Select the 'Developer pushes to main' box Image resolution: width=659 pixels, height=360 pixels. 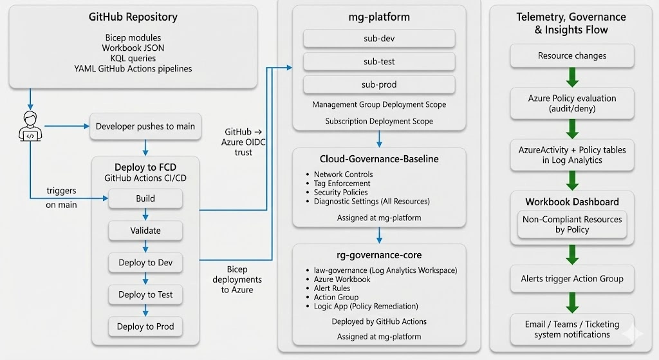click(x=145, y=126)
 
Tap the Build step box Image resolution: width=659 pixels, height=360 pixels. click(x=145, y=198)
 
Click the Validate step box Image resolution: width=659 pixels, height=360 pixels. click(x=145, y=231)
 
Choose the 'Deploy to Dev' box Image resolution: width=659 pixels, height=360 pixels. click(x=145, y=263)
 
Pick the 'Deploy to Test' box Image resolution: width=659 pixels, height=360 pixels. click(x=145, y=294)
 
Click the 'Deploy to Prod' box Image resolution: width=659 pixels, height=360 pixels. click(x=145, y=327)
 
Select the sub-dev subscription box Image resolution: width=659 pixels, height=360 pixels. click(x=378, y=39)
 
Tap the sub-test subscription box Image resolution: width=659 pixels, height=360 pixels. click(x=378, y=62)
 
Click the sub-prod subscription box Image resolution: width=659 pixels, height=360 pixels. click(x=378, y=85)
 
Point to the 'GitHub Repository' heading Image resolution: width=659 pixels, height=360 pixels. click(x=133, y=17)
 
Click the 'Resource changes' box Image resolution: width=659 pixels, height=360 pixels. click(x=571, y=56)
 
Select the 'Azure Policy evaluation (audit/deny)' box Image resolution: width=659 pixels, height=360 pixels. click(x=571, y=103)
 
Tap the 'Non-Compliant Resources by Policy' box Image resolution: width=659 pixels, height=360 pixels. click(x=571, y=224)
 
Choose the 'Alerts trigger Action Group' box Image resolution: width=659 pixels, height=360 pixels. click(x=571, y=279)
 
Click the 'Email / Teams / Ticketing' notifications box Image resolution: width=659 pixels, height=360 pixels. click(x=571, y=329)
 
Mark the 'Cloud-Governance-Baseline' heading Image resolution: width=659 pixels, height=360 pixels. click(x=379, y=159)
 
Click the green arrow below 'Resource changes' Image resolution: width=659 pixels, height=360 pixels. click(x=572, y=78)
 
